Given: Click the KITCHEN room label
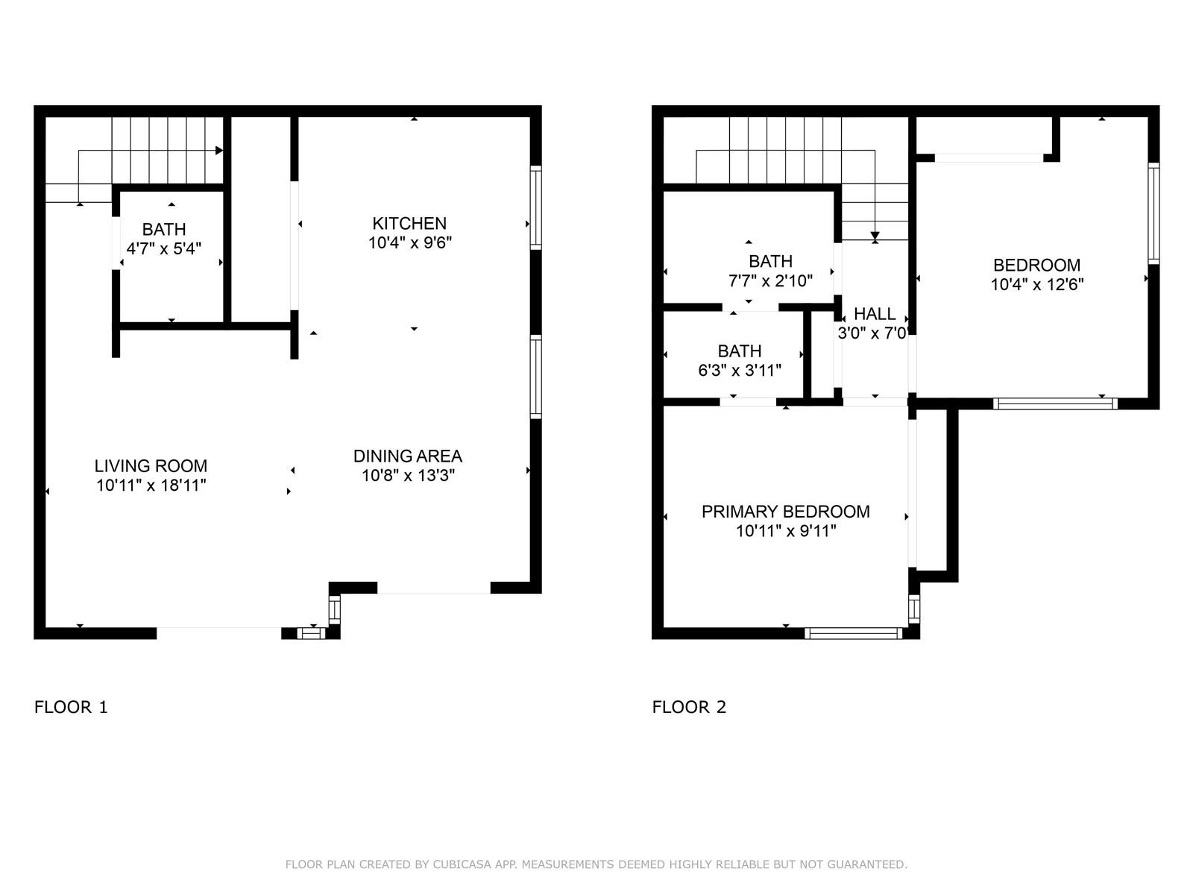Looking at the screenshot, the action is (409, 223).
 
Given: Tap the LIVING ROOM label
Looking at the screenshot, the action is (151, 465).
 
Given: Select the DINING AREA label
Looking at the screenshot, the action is (408, 456).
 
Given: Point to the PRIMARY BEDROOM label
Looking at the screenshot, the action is (785, 512).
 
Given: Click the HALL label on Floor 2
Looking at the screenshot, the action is (875, 313).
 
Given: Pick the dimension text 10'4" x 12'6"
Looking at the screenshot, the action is (1036, 284).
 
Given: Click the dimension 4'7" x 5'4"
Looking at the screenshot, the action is (163, 248).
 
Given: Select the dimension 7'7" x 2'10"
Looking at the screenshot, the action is (770, 280).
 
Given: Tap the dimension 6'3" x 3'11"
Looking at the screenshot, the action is (739, 370).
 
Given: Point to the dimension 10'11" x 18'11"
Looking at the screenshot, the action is (151, 486).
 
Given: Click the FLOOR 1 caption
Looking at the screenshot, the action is (71, 707).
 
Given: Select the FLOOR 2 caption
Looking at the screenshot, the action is (689, 707).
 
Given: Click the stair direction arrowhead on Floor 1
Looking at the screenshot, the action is (219, 150).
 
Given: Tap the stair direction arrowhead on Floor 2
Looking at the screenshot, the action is (875, 236).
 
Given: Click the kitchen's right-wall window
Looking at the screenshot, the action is (536, 207).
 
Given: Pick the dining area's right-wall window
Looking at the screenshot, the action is (536, 377).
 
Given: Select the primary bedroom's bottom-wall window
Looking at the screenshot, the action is (853, 633).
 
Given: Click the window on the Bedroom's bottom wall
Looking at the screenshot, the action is (1055, 403).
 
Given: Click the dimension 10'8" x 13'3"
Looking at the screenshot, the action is (408, 476).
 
